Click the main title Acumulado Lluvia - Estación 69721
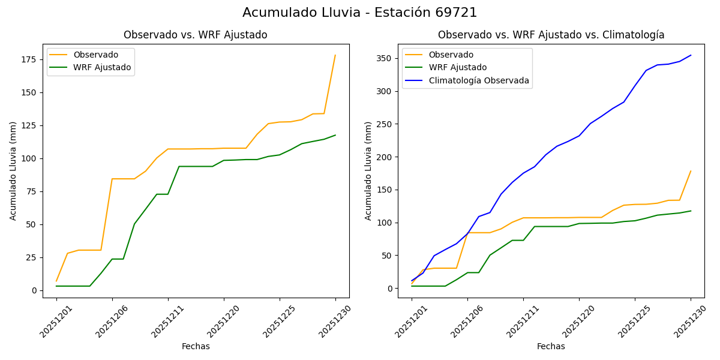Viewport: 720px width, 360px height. point(359,13)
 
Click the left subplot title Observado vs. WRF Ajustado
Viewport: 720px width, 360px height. point(195,35)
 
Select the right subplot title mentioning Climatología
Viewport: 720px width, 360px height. point(551,35)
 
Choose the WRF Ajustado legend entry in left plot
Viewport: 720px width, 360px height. point(102,67)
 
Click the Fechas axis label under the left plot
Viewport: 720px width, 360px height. point(196,346)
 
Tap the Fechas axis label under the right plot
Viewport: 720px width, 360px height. point(551,346)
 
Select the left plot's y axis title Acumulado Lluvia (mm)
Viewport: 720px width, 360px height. point(13,170)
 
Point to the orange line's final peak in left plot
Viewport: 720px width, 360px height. point(335,55)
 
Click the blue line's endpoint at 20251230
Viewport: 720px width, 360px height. point(691,55)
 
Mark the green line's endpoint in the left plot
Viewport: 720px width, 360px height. point(335,135)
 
